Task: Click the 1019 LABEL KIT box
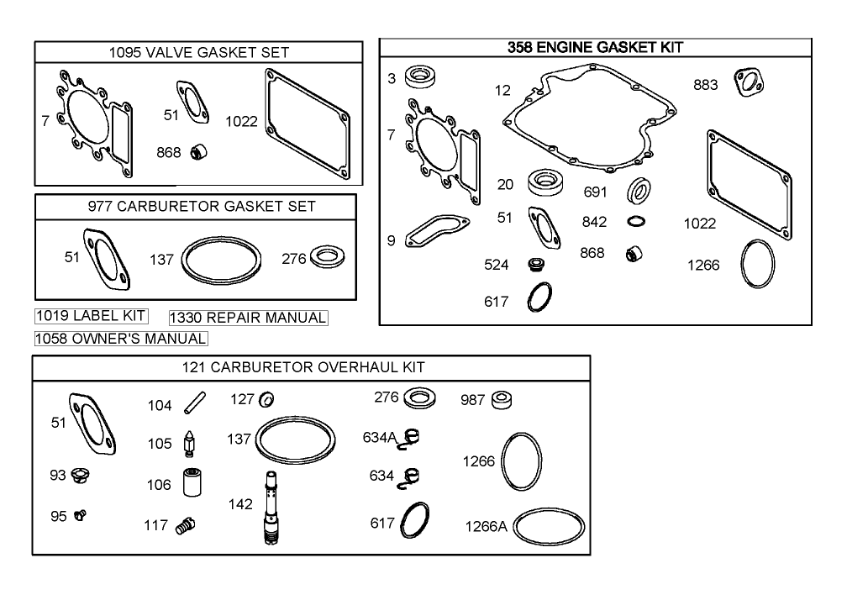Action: (91, 316)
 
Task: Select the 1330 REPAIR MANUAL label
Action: (248, 318)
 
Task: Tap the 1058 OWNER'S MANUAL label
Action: (120, 338)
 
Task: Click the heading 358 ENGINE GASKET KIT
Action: (595, 48)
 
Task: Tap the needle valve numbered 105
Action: (189, 444)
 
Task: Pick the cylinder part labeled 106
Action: (188, 482)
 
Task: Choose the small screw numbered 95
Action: (81, 514)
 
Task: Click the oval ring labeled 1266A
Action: (548, 526)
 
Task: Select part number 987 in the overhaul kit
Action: (502, 399)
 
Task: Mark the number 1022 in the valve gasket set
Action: (241, 121)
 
